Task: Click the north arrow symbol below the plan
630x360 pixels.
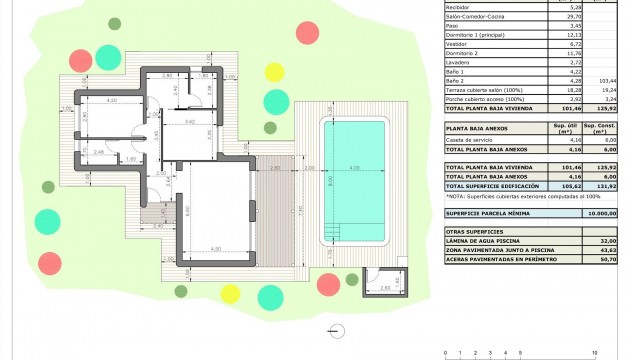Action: pos(333,336)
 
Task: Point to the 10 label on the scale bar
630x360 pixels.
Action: pos(595,354)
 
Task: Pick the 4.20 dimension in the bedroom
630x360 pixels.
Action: pos(111,100)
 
